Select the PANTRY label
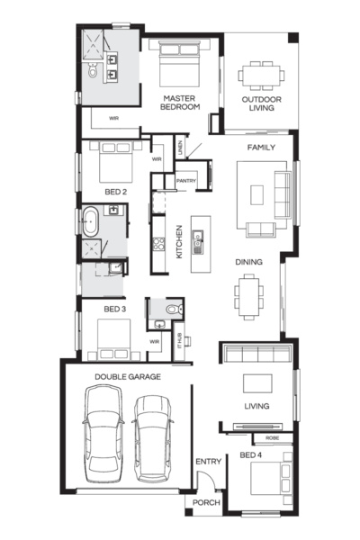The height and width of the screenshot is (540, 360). (x=186, y=181)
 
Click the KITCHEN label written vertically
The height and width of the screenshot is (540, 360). (x=179, y=241)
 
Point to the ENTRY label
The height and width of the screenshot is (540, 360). (x=208, y=462)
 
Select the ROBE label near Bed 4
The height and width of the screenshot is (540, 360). (x=271, y=438)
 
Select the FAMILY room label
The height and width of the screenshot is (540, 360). (x=261, y=147)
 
